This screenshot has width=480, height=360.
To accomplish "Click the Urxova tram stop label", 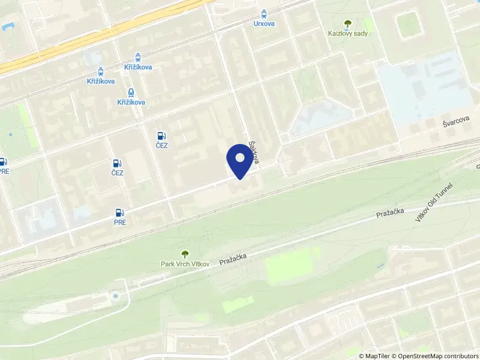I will tap(265, 24).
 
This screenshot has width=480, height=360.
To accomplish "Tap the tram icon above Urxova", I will tap(265, 13).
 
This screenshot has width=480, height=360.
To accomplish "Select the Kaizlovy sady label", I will tap(347, 34).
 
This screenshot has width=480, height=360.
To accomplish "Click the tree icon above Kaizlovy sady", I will tap(347, 23).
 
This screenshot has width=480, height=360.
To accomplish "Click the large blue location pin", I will tap(239, 161).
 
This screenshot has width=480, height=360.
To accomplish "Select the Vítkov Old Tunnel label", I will tap(433, 203).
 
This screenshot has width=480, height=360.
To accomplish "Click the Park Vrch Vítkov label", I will tap(185, 264).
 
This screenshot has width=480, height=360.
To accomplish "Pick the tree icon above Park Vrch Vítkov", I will tap(185, 254).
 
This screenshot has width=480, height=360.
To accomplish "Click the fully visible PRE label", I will tap(120, 222).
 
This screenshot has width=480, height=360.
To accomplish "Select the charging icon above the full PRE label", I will tap(120, 212).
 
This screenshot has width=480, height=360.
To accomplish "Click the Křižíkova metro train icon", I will tap(131, 92).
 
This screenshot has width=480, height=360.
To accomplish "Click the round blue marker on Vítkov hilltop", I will tap(115, 296).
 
